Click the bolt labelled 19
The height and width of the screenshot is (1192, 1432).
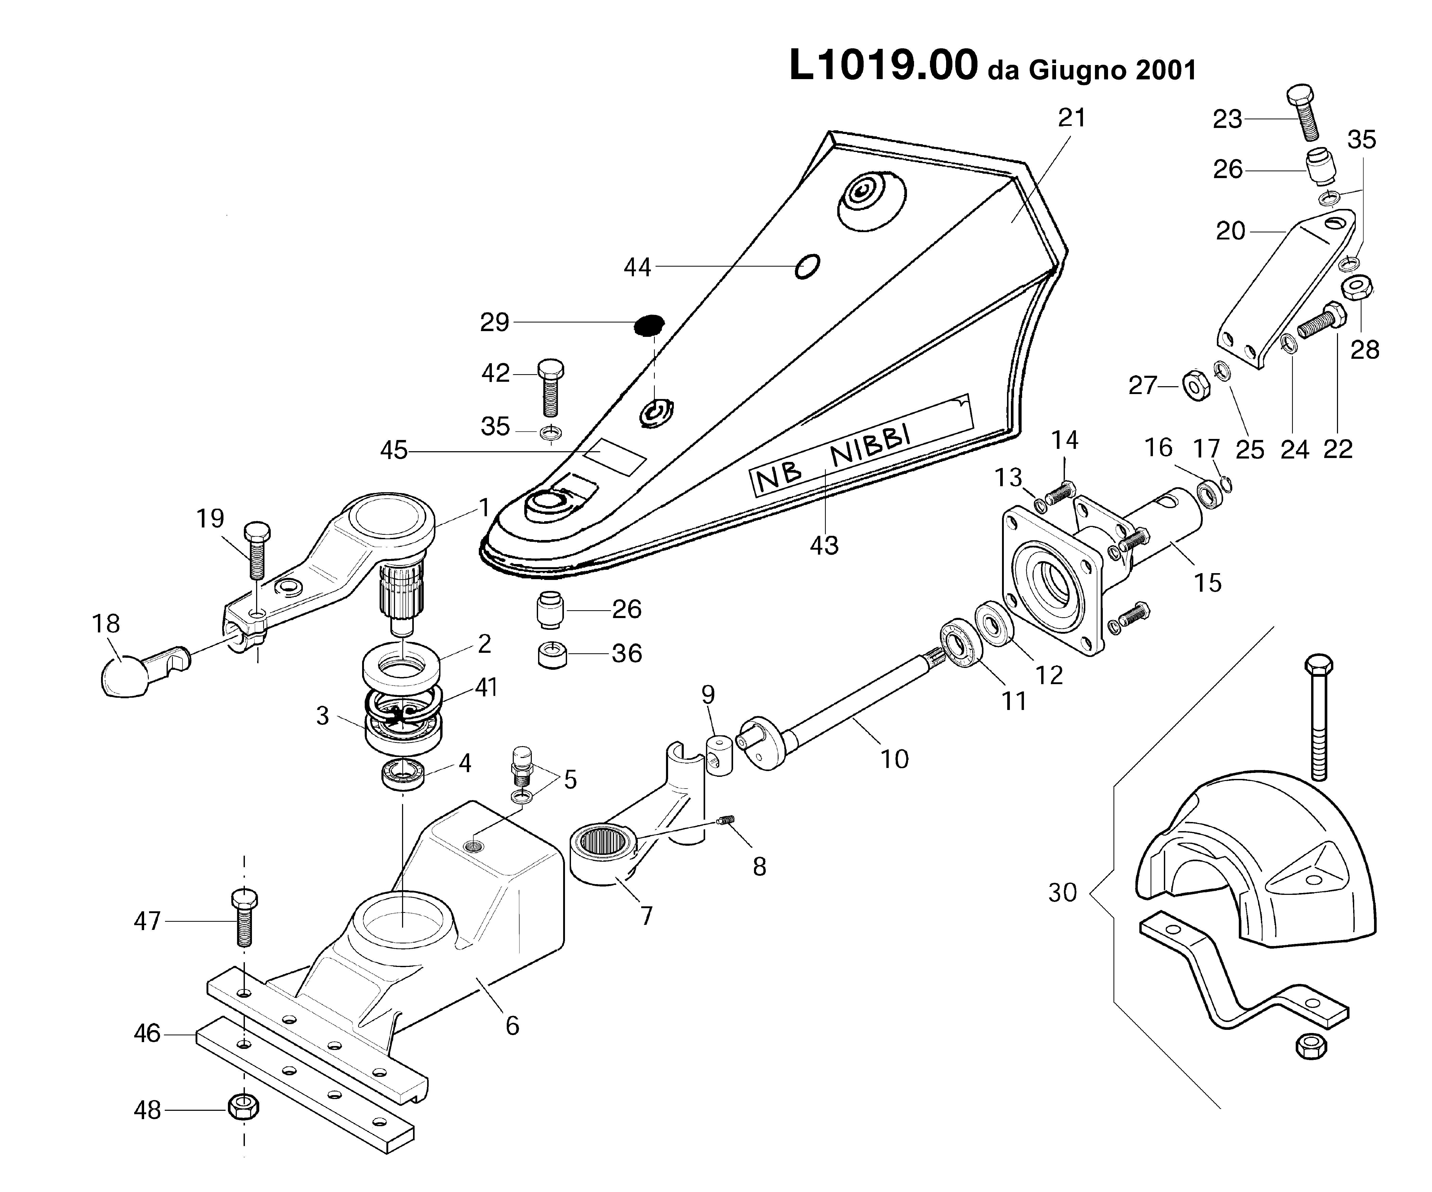[256, 554]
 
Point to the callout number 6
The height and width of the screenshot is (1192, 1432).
[512, 1026]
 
